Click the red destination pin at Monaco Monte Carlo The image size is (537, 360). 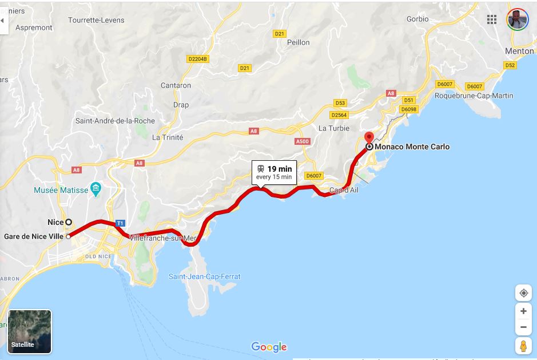[x=369, y=138]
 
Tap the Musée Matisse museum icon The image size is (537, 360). [x=96, y=189]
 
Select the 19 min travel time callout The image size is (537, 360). [x=274, y=172]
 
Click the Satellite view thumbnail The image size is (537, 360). [x=30, y=331]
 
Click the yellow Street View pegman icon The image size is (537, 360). [x=523, y=346]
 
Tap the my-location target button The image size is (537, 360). [x=523, y=293]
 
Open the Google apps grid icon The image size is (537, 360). [x=492, y=19]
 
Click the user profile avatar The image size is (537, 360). [x=518, y=19]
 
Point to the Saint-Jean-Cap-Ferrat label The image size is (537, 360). [x=204, y=276]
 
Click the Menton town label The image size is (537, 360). [x=519, y=51]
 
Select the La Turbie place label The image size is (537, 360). [x=334, y=128]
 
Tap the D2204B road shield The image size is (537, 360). [x=198, y=58]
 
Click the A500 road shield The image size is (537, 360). [x=302, y=141]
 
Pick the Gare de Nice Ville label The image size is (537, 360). [x=33, y=236]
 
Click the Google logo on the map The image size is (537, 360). [x=269, y=347]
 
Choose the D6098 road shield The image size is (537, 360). [x=408, y=109]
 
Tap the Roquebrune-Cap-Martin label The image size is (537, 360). [x=474, y=96]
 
